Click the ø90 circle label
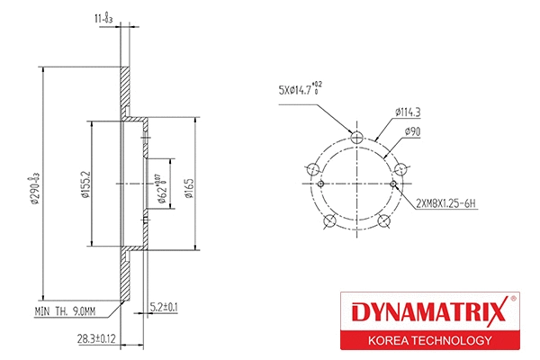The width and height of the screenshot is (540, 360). point(414,131)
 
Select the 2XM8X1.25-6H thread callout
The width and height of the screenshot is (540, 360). point(445,204)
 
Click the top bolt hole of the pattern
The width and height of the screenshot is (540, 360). point(356,138)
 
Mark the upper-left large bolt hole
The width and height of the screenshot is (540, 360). point(312,169)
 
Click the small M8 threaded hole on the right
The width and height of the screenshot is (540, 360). point(395,186)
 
